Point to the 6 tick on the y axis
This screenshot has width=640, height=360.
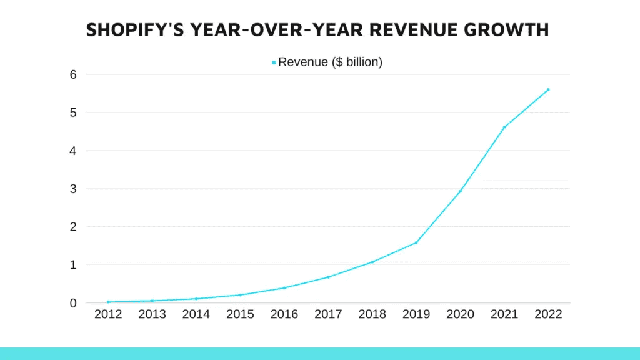72,74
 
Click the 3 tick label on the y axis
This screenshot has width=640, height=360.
72,189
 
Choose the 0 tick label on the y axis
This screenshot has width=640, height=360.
72,303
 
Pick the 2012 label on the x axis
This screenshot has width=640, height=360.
108,315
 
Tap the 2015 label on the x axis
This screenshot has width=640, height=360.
240,315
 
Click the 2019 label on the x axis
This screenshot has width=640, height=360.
416,315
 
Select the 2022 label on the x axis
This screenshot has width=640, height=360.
548,315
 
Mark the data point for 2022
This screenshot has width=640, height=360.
548,89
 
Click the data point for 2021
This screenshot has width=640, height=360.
504,127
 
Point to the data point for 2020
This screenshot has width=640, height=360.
460,191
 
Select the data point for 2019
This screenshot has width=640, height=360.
416,242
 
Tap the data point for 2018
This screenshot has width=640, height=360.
372,262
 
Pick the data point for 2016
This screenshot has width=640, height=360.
284,288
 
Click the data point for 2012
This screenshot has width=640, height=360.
108,302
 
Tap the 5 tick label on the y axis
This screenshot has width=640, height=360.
72,112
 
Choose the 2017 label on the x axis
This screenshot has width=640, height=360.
328,315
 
